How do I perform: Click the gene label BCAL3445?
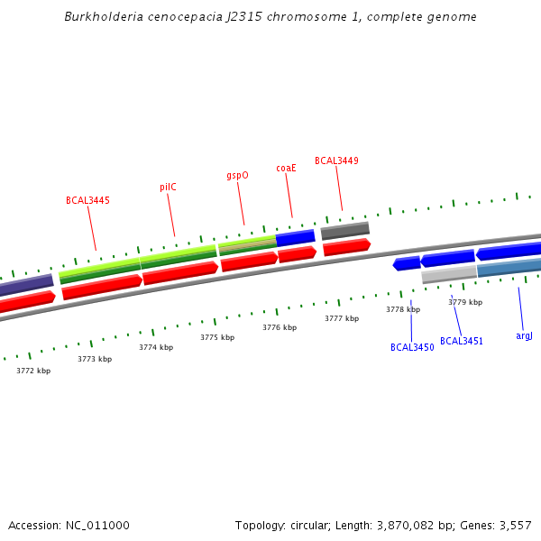[x=87, y=200]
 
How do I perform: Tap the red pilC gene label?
[x=168, y=188]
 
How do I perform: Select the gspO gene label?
[x=237, y=176]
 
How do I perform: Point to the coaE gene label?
[x=286, y=168]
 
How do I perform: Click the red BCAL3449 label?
[x=336, y=160]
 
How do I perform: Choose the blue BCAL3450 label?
[x=412, y=347]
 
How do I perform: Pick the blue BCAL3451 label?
[x=462, y=342]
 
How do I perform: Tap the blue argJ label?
[x=524, y=335]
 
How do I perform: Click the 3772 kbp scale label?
[x=33, y=371]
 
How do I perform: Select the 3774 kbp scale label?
[x=156, y=347]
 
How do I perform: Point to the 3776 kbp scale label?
[x=280, y=327]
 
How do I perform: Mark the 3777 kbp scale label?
[x=342, y=318]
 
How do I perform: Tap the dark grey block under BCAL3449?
[x=345, y=231]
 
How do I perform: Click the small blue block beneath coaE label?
[x=295, y=238]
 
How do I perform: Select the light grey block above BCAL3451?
[x=449, y=274]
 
